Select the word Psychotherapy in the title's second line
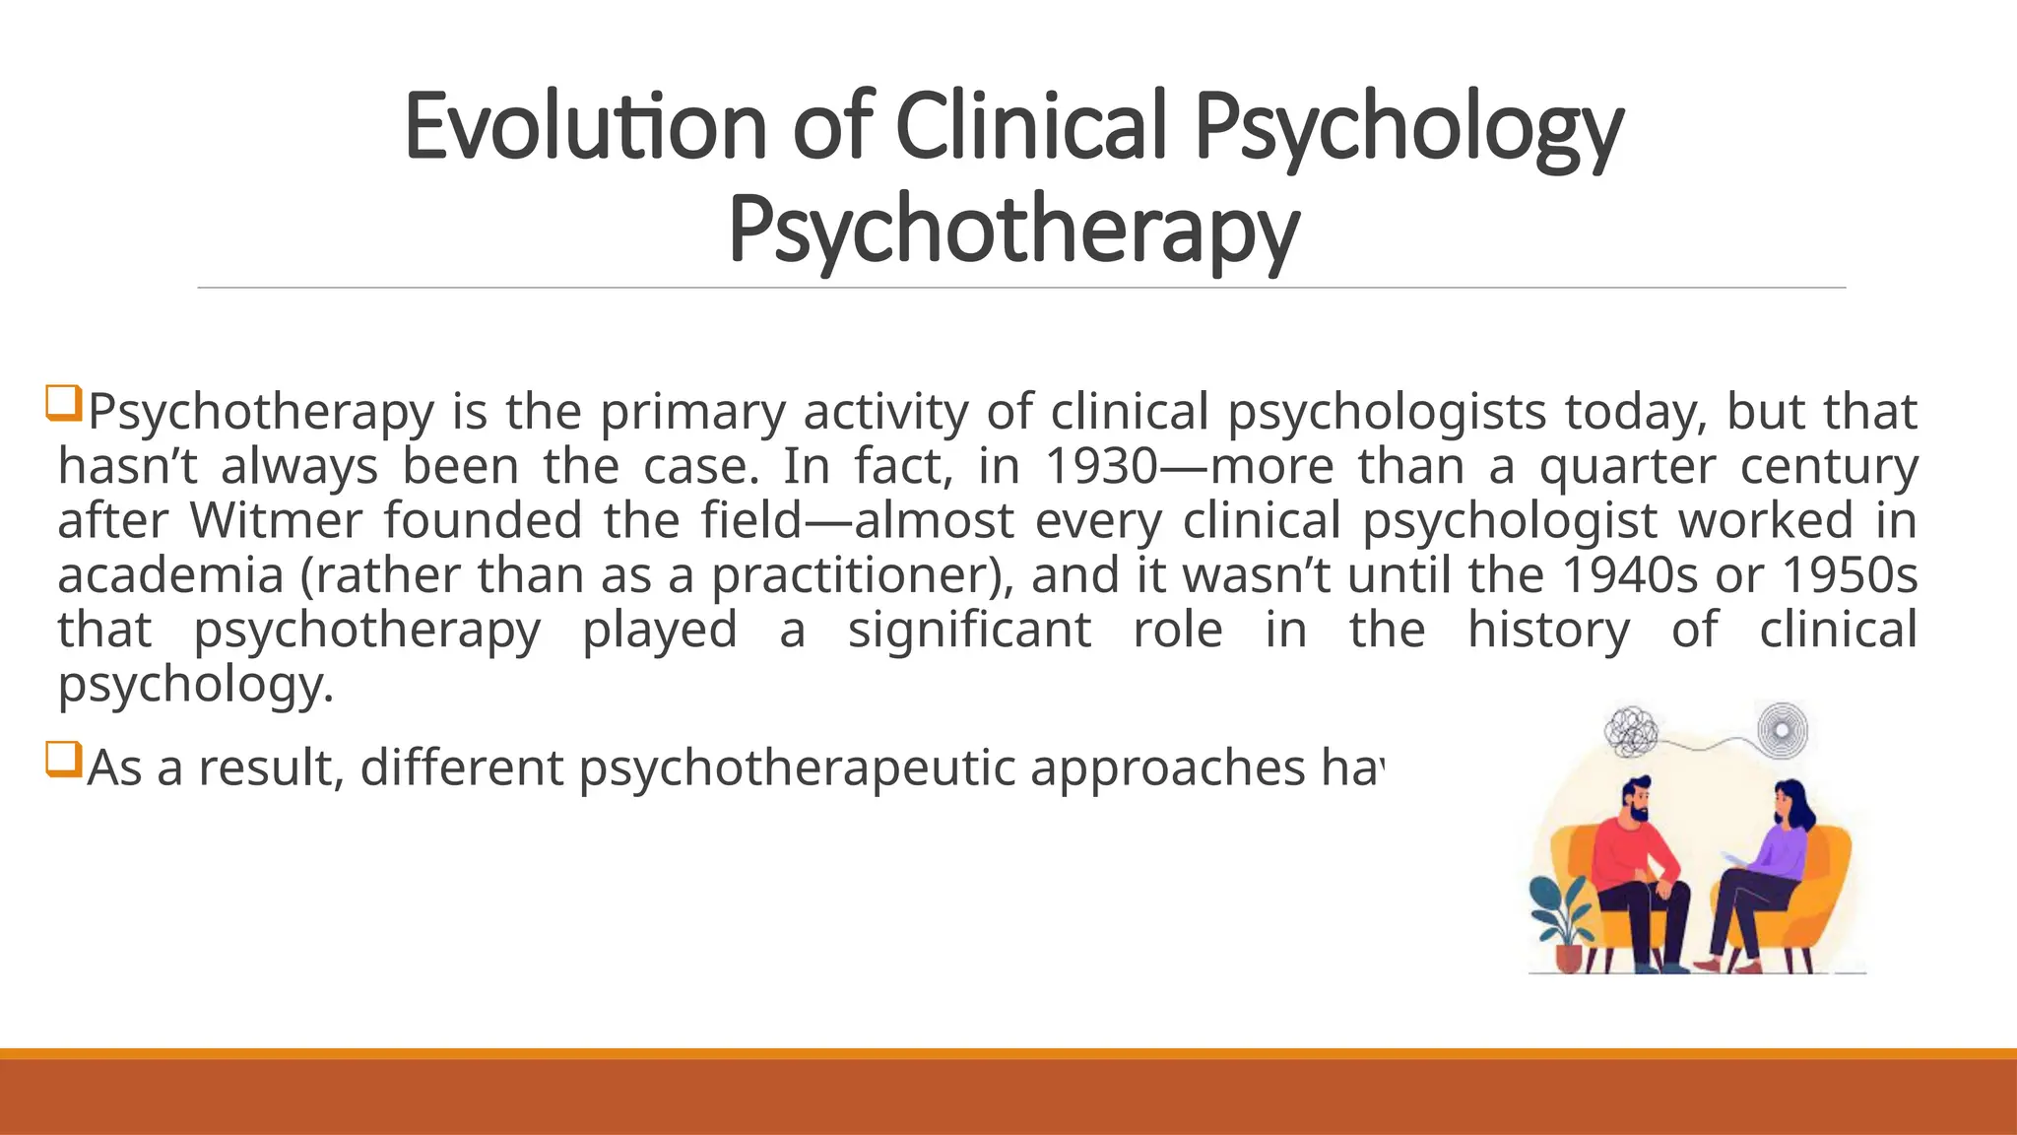click(x=1013, y=229)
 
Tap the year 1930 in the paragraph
click(x=1101, y=466)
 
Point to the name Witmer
click(x=276, y=520)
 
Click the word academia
click(x=170, y=575)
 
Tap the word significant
click(x=969, y=630)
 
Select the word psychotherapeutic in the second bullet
click(x=797, y=768)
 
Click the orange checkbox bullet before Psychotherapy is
click(x=63, y=404)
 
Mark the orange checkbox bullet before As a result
click(x=63, y=761)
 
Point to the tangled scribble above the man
click(x=1632, y=731)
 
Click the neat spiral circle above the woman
click(x=1783, y=730)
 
